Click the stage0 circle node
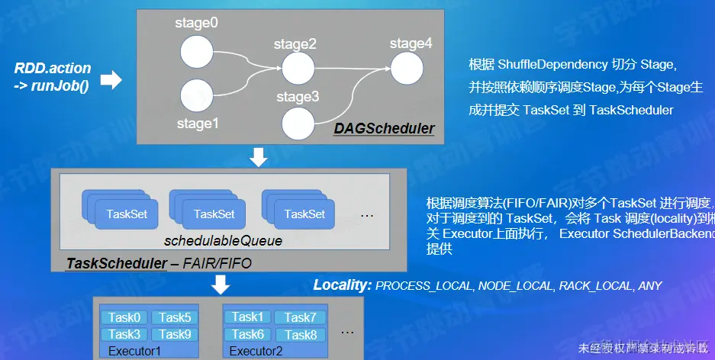click(195, 53)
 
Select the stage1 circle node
click(195, 96)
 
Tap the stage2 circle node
click(295, 69)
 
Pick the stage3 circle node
click(297, 122)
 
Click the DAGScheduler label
click(384, 128)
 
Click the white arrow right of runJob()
click(111, 79)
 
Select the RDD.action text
click(53, 68)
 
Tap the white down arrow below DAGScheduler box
click(259, 157)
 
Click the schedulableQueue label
click(223, 241)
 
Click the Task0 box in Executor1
click(124, 318)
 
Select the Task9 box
click(175, 334)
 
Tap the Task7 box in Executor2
click(300, 317)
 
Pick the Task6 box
click(248, 334)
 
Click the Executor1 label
click(135, 351)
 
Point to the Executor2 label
click(256, 351)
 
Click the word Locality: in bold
click(342, 285)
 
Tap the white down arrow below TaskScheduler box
click(221, 284)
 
